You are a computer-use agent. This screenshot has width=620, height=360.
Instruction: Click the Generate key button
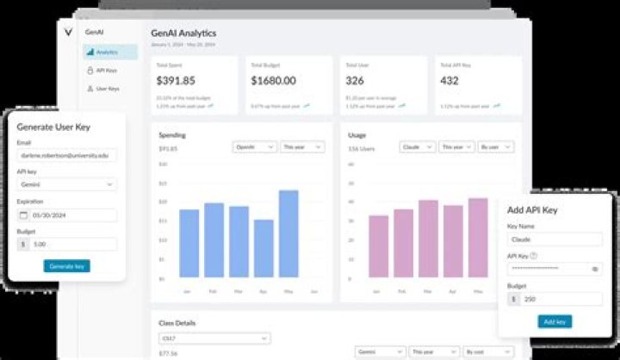66,266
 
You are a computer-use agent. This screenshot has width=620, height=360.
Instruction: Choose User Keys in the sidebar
107,88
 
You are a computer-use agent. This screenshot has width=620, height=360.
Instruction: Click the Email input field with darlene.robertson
66,156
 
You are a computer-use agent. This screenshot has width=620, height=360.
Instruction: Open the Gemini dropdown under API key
66,184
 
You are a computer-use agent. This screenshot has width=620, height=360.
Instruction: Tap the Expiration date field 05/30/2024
66,214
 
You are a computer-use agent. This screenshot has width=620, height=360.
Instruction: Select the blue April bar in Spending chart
263,249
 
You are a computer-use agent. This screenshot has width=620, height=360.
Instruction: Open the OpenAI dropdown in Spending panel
255,147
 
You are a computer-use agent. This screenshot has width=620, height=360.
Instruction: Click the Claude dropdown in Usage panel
417,147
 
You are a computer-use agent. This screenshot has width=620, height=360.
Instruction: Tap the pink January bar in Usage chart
379,246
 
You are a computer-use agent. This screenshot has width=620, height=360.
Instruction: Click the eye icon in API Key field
595,269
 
